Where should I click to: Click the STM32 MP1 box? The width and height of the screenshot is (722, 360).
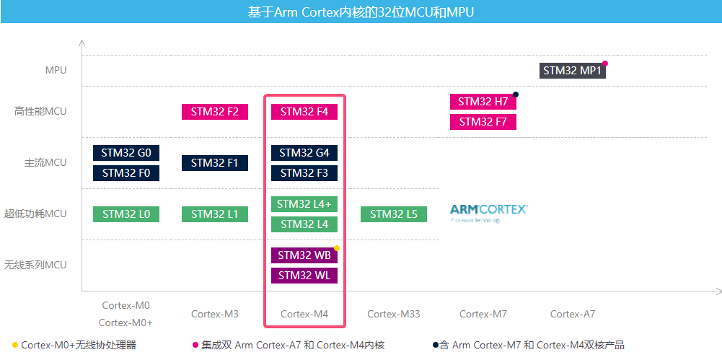573,71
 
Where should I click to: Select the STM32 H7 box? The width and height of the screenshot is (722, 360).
483,102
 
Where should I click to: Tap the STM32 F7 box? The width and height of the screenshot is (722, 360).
483,122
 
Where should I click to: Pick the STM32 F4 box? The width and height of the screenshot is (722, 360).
304,112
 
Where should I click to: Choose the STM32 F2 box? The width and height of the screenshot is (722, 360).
215,112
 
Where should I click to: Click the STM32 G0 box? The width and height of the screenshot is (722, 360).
126,153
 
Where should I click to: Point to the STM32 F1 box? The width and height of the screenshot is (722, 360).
215,163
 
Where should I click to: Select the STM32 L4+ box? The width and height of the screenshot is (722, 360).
304,204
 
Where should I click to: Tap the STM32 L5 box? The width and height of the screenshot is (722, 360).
394,214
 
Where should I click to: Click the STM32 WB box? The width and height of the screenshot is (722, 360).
304,255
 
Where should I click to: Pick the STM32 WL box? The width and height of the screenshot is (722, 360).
304,276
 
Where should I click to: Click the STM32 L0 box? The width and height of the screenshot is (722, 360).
126,214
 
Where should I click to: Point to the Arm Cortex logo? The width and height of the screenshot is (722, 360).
489,211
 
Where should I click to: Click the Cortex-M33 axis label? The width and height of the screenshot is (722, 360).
393,314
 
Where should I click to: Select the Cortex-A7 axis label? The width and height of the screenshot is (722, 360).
573,314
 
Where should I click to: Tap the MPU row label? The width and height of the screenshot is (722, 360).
56,70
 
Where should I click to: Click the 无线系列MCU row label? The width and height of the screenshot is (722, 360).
35,265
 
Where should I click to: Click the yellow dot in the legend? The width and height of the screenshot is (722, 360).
15,345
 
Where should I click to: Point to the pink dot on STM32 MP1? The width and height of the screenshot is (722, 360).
606,63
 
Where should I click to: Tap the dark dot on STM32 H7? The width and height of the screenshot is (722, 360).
516,95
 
